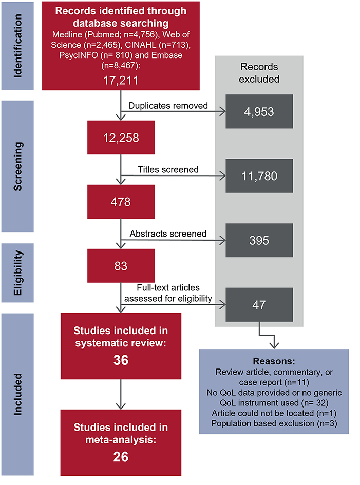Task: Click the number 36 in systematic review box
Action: coord(120,361)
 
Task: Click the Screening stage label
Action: coord(18,167)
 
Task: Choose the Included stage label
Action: coord(18,390)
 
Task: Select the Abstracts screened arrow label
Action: coord(168,234)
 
